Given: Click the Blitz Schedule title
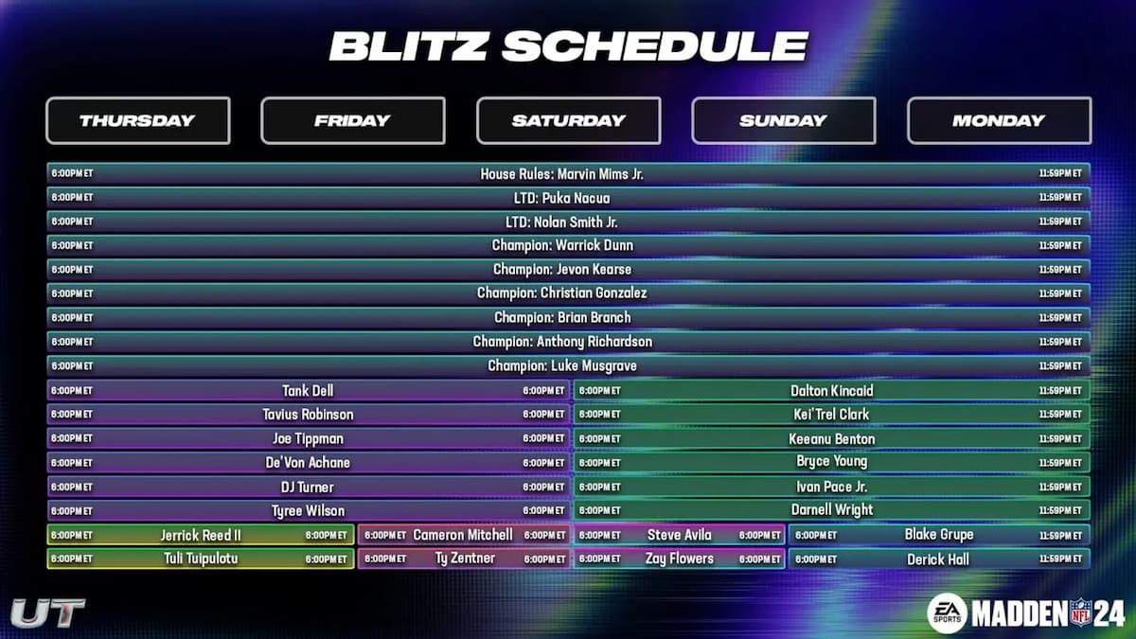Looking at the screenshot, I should click(x=568, y=45).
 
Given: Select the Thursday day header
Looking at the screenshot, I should click(x=137, y=120).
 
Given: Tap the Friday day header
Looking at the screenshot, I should click(x=352, y=120).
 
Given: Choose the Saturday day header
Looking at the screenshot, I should click(x=568, y=120).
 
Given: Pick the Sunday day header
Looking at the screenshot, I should click(x=783, y=120).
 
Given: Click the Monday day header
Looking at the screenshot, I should click(x=999, y=120).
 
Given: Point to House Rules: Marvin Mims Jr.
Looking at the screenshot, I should click(x=562, y=174).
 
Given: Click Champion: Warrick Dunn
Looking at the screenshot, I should click(x=562, y=245).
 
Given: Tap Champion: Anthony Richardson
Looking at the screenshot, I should click(x=562, y=342).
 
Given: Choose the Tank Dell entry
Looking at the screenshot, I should click(x=308, y=390).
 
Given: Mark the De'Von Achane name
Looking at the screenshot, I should click(x=308, y=462).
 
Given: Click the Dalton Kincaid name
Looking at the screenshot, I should click(x=832, y=390).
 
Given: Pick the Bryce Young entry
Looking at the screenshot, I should click(x=832, y=462).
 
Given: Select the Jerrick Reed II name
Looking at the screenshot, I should click(x=201, y=535).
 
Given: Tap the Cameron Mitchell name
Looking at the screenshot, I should click(x=463, y=535).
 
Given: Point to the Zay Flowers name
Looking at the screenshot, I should click(x=680, y=559).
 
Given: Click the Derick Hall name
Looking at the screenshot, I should click(x=938, y=559).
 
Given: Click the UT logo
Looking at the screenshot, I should click(x=47, y=612).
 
